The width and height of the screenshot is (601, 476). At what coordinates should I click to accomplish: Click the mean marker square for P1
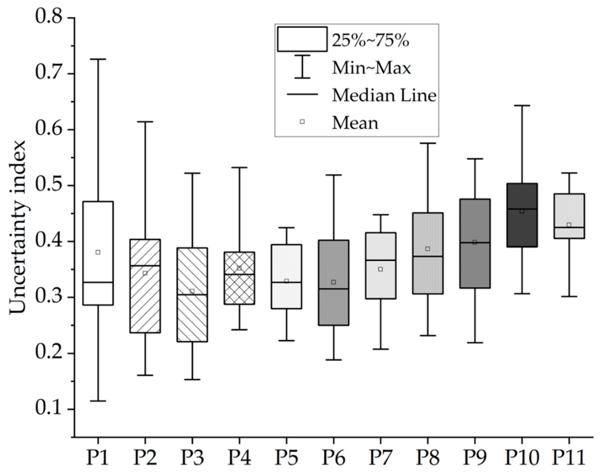coord(98,252)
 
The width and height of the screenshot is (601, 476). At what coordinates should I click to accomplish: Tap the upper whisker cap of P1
coord(98,59)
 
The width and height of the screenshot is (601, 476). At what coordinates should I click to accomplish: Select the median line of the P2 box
coord(145,266)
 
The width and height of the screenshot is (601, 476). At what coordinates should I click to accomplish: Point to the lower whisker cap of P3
coord(192,380)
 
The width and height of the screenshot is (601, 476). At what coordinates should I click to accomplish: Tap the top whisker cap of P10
coord(522,106)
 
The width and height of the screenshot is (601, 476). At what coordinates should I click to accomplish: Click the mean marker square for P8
coord(428,249)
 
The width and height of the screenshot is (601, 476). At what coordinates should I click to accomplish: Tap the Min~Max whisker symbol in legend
coord(302,67)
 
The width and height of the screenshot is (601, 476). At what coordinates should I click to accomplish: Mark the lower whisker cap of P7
coord(381,349)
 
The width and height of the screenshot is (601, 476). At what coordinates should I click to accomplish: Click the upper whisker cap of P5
coord(286,227)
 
